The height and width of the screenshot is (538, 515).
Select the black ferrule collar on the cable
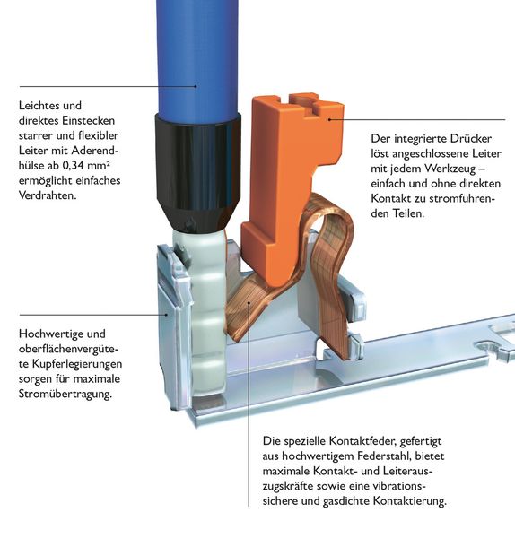(197, 171)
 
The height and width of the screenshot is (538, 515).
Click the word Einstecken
(89, 120)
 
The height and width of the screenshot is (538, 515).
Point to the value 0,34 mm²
(86, 165)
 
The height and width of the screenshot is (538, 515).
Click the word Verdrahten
(48, 195)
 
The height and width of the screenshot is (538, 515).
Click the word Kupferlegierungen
(77, 364)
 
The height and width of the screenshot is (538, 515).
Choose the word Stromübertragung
(65, 394)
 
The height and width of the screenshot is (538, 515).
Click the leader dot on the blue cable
(196, 86)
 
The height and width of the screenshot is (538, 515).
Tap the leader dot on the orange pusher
(329, 119)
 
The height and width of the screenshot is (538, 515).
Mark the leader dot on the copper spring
(249, 303)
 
